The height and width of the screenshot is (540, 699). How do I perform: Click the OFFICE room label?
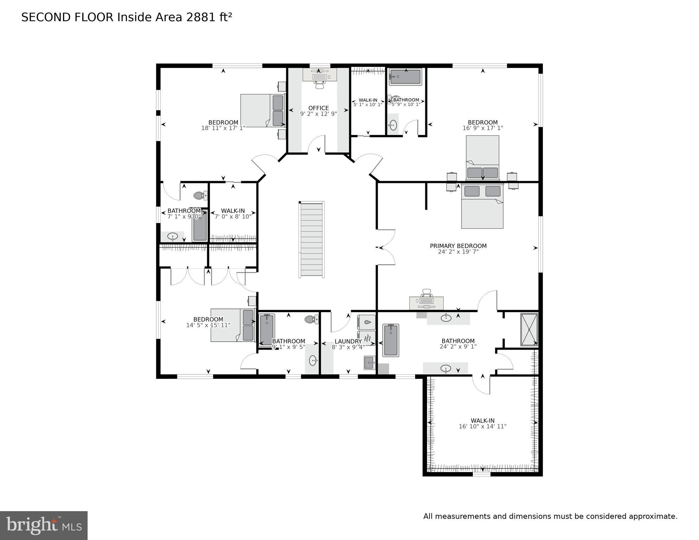tap(318, 108)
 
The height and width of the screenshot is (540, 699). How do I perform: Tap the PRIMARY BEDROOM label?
tap(458, 246)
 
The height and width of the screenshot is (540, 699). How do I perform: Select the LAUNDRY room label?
tap(348, 341)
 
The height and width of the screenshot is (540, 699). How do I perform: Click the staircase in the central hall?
tap(311, 240)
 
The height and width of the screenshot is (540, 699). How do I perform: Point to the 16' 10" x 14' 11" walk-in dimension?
tap(482, 426)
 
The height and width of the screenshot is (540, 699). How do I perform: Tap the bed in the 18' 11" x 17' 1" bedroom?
tap(262, 110)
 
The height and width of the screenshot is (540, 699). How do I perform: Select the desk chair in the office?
tap(319, 85)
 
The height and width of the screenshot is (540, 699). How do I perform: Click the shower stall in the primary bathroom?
tap(529, 330)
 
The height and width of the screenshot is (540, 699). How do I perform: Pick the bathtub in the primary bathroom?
tap(391, 340)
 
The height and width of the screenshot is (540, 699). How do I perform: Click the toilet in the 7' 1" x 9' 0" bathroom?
tap(200, 195)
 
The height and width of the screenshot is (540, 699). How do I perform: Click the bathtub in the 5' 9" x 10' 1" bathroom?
tap(405, 77)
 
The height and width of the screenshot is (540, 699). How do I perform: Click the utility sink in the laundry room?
tap(369, 363)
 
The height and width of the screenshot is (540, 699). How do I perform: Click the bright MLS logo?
tap(44, 526)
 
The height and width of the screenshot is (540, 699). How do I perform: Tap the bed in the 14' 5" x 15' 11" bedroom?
tap(232, 325)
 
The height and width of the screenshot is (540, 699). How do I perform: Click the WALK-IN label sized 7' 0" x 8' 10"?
tap(233, 211)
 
